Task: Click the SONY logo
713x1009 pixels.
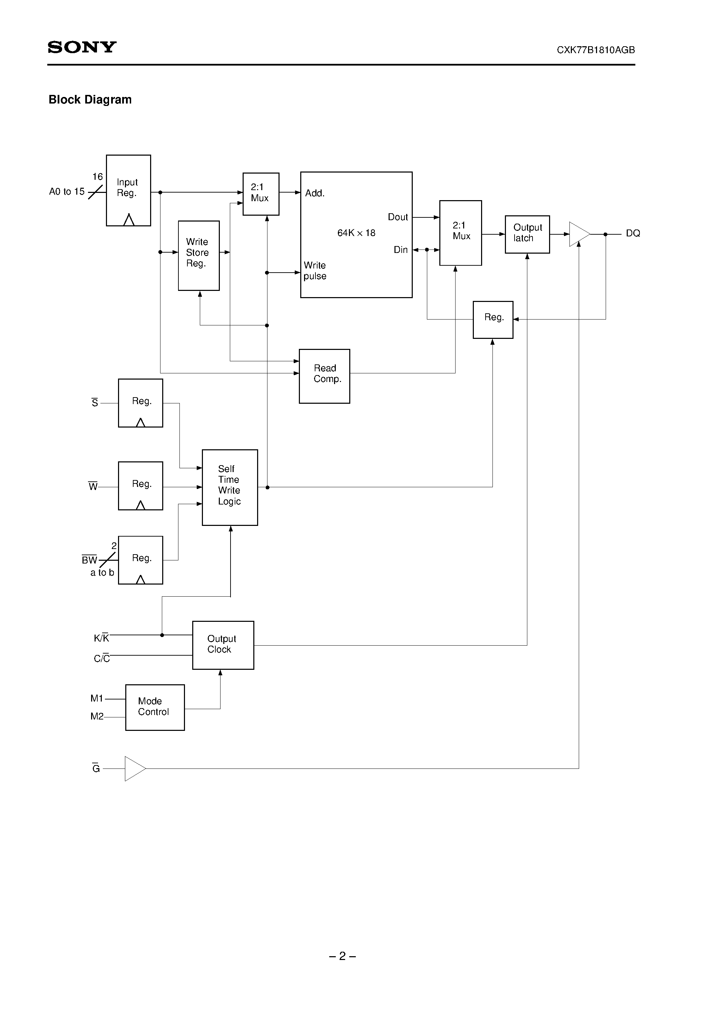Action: [82, 47]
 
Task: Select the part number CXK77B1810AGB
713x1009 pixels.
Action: [595, 50]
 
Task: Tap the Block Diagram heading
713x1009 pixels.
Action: [90, 100]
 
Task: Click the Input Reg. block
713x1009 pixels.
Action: [128, 190]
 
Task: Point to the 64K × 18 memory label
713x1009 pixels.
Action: [356, 233]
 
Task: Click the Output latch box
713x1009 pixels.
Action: [527, 234]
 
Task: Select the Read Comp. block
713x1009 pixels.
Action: [324, 376]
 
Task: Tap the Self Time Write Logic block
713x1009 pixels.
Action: [229, 487]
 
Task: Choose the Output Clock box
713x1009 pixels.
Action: [223, 645]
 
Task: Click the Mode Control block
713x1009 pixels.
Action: [155, 707]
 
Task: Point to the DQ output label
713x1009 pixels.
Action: [633, 233]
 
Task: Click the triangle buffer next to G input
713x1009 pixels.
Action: [134, 768]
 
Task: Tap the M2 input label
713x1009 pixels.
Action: [97, 716]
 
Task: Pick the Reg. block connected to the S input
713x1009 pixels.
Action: [141, 403]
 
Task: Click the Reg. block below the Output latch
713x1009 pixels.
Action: [493, 319]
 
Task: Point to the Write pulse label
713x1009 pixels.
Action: [315, 271]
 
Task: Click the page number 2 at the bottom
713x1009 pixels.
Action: [342, 956]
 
